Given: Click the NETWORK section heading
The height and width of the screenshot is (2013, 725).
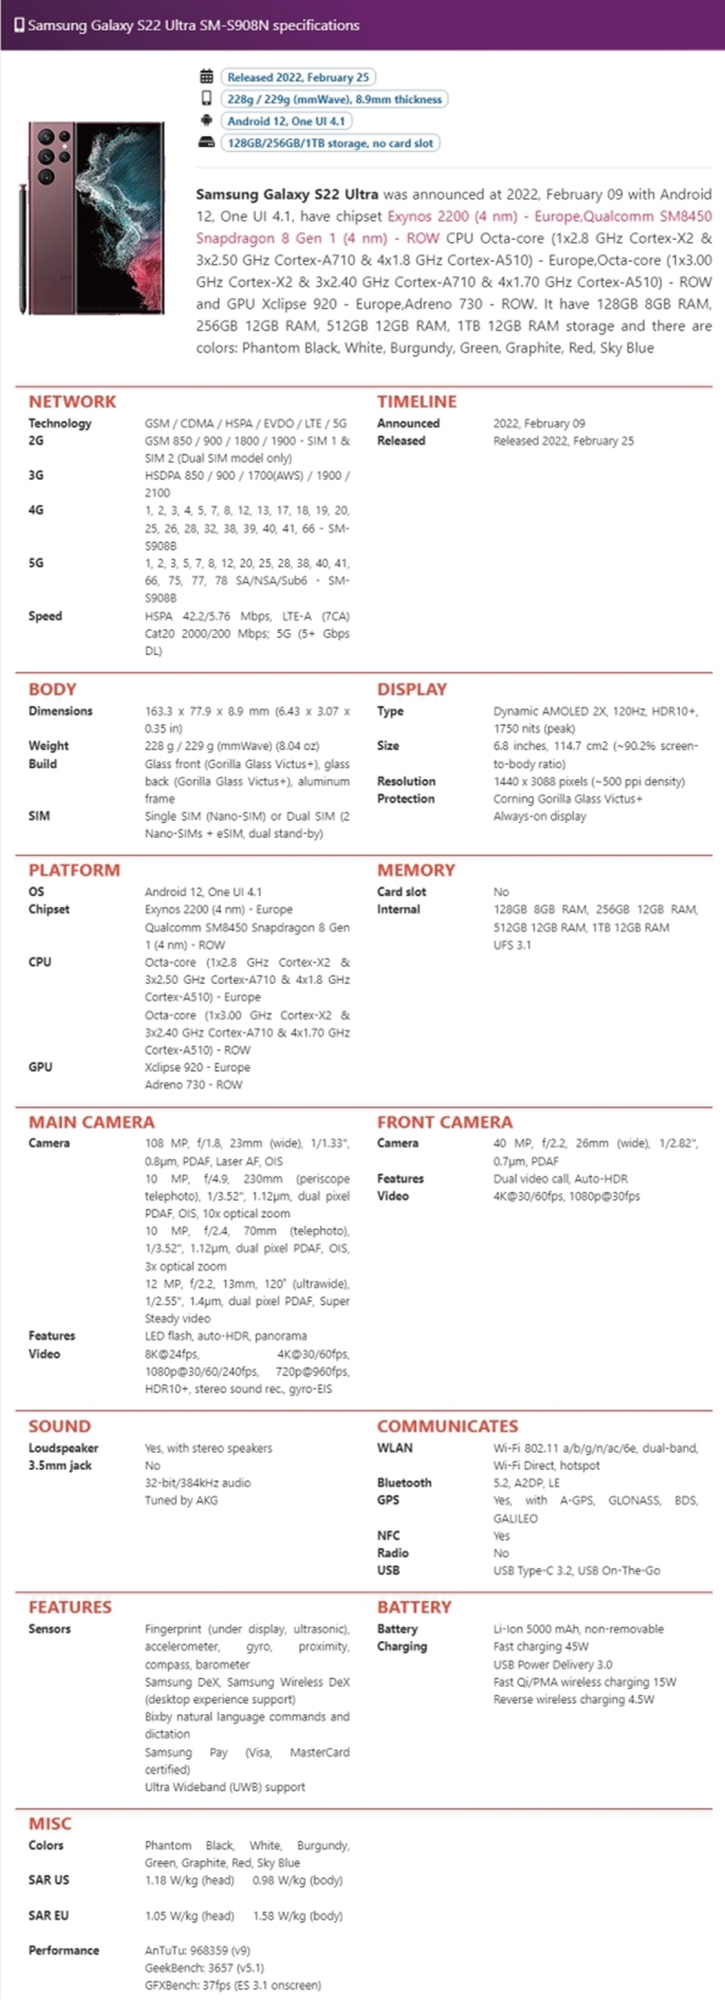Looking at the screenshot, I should [72, 401].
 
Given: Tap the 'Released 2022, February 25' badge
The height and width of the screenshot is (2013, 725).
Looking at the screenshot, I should [297, 77].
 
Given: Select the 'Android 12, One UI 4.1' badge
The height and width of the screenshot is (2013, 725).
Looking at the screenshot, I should [286, 121].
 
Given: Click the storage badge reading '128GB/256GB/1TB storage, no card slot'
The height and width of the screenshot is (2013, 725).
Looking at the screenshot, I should [330, 143].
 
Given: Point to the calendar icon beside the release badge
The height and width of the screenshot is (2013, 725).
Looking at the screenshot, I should [207, 77].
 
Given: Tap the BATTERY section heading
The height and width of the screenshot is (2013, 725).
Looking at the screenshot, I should [414, 1607].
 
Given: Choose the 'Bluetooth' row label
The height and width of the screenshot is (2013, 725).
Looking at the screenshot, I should [404, 1482].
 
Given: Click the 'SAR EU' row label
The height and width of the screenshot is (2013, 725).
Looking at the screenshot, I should [49, 1915].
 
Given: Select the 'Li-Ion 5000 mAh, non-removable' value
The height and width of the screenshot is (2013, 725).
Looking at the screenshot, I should [578, 1629].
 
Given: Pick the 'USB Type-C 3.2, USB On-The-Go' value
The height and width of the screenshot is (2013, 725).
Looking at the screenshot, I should [577, 1570].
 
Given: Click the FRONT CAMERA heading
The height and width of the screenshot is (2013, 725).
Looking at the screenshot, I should [445, 1122].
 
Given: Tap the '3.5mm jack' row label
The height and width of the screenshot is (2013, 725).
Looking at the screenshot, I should [60, 1465].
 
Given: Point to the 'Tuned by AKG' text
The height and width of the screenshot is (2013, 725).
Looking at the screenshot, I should [182, 1500].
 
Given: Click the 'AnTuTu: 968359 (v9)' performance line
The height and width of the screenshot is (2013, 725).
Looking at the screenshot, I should [198, 1950].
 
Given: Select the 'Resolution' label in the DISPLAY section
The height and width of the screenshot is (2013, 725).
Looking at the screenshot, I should [406, 781].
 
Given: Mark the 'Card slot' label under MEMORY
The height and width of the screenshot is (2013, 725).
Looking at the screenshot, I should [402, 891].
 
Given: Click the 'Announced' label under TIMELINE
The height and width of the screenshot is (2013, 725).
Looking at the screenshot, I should [408, 423].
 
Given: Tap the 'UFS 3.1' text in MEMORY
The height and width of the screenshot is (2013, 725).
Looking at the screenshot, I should [512, 945].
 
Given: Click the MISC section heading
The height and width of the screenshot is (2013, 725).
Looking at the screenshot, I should [50, 1823].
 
